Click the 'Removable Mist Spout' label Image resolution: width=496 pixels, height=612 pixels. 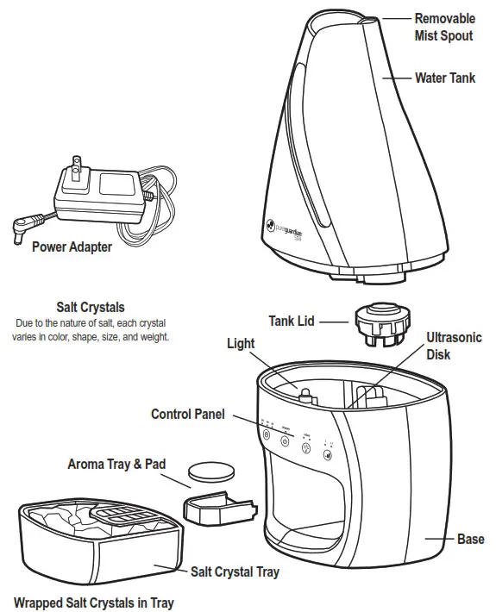coord(445,26)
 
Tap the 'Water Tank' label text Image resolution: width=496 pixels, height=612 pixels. coord(444,78)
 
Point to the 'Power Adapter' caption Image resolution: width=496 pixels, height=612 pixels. coord(72,247)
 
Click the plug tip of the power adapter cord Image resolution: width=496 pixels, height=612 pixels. coord(16,229)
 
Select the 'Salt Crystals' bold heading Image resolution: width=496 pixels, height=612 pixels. coord(91,307)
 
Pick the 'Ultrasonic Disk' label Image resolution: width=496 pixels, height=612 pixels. coord(454,346)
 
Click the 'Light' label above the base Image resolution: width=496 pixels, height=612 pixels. coord(241,343)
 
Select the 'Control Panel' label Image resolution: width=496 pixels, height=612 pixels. coord(188,415)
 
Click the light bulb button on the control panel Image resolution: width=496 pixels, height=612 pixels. coord(305,447)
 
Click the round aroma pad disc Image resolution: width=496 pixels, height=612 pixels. coord(212,471)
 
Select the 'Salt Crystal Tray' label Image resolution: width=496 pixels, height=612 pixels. coord(235,571)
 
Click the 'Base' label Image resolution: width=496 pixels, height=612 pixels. coord(470,540)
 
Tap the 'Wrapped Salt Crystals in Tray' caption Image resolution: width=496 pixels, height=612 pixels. coord(93,603)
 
